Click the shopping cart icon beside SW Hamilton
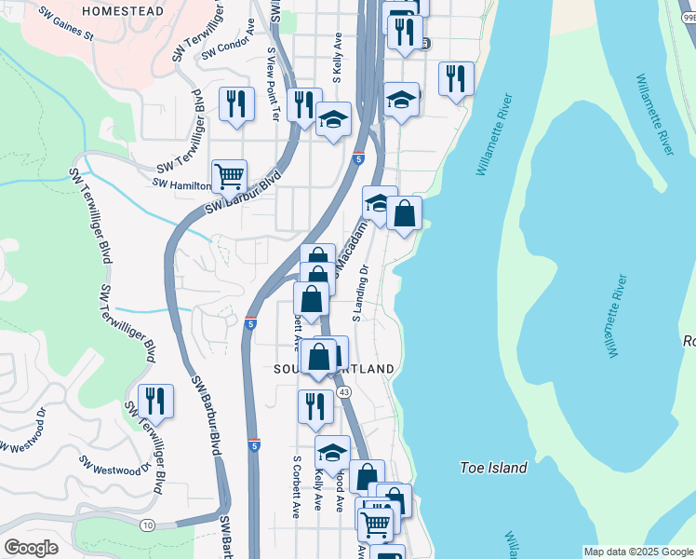coord(229,174)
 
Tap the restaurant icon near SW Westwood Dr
coord(155,401)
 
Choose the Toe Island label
coord(494,468)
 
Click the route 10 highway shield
coord(148,525)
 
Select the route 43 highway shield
coord(344,392)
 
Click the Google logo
coord(31,548)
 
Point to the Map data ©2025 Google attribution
coord(638,552)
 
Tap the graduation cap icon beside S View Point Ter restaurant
coord(333,120)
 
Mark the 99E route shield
coord(688,6)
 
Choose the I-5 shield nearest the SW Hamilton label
coord(358,159)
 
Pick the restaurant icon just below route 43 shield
coord(315,406)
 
